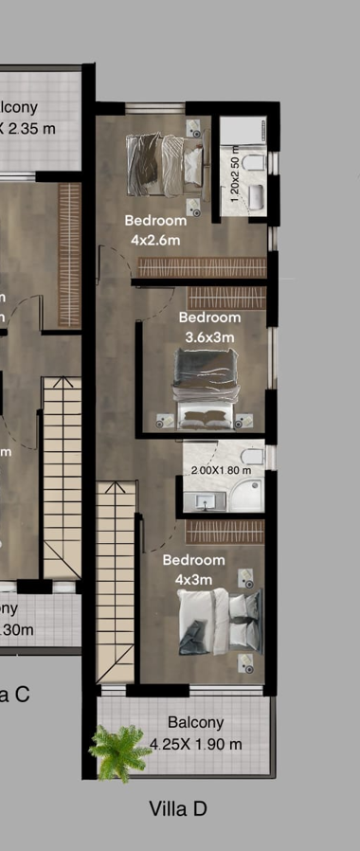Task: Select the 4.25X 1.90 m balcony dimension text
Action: click(x=196, y=744)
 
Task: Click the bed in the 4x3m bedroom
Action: click(x=220, y=621)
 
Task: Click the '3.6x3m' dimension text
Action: click(x=209, y=336)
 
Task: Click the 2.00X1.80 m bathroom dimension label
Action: click(x=221, y=470)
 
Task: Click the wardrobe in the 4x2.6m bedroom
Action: click(x=201, y=269)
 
